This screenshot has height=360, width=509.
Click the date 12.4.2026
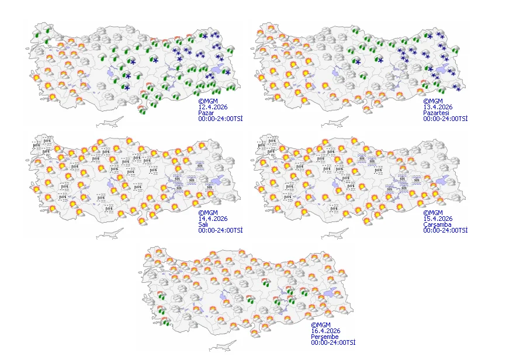coord(213,106)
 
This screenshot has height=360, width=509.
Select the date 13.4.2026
coord(438,106)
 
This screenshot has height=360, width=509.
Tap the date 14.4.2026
coord(213,219)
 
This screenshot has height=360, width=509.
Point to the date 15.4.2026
coord(438,219)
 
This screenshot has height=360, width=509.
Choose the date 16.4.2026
coord(326,331)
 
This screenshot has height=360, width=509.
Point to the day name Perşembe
coord(324,337)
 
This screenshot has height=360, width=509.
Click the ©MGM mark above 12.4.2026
coord(208,101)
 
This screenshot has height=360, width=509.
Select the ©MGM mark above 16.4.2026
coord(320,325)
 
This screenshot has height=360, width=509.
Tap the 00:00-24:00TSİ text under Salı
coord(220,230)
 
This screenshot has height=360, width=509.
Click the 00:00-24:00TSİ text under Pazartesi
coord(445,118)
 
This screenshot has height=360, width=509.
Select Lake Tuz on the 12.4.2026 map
coord(112,74)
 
